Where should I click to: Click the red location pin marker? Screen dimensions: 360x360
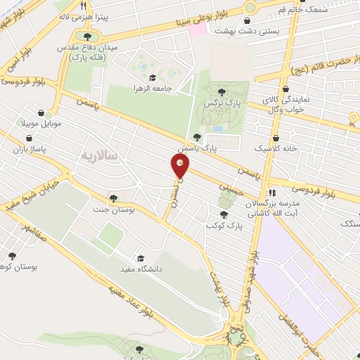(180, 167)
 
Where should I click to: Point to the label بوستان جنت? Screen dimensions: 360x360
(114, 209)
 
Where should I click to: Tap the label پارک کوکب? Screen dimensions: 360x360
(224, 225)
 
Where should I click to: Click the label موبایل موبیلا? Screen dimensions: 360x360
(41, 123)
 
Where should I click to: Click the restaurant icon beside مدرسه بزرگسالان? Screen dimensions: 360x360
(272, 193)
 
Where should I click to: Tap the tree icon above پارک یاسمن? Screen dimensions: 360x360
(196, 137)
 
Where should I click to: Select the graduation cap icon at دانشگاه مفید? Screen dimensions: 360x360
(140, 258)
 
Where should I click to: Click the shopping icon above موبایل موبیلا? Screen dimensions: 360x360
(41, 112)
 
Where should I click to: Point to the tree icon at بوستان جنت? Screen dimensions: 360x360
(114, 198)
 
